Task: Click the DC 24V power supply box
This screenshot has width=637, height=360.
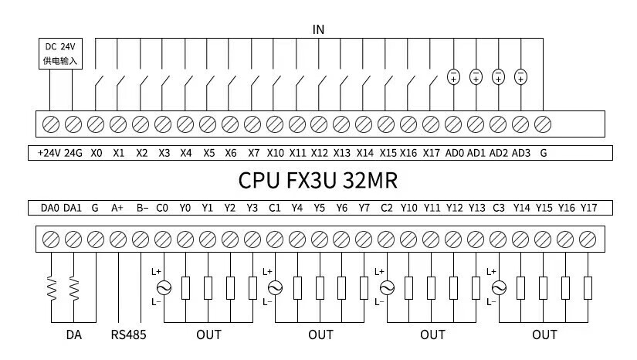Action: (61, 53)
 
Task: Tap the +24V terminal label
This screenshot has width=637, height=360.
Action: (49, 153)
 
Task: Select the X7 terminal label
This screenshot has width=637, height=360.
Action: (253, 153)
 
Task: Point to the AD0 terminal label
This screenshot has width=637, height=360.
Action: (455, 153)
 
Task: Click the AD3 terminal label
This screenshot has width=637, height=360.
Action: (521, 153)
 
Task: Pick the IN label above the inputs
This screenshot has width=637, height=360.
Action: (318, 29)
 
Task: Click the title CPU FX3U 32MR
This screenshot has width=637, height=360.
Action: (317, 181)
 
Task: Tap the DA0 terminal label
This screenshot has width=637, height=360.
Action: (49, 208)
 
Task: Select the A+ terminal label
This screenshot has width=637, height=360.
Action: (117, 208)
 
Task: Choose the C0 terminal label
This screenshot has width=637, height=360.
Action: (162, 208)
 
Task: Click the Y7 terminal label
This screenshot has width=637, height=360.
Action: (364, 208)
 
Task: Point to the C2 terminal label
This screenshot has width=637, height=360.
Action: (386, 208)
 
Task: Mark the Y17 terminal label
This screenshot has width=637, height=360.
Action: (589, 208)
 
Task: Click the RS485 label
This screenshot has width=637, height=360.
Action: (128, 335)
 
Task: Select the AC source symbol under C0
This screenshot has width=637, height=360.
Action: (163, 287)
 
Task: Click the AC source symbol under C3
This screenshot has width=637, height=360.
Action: (499, 287)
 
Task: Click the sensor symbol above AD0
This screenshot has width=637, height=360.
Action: (454, 76)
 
